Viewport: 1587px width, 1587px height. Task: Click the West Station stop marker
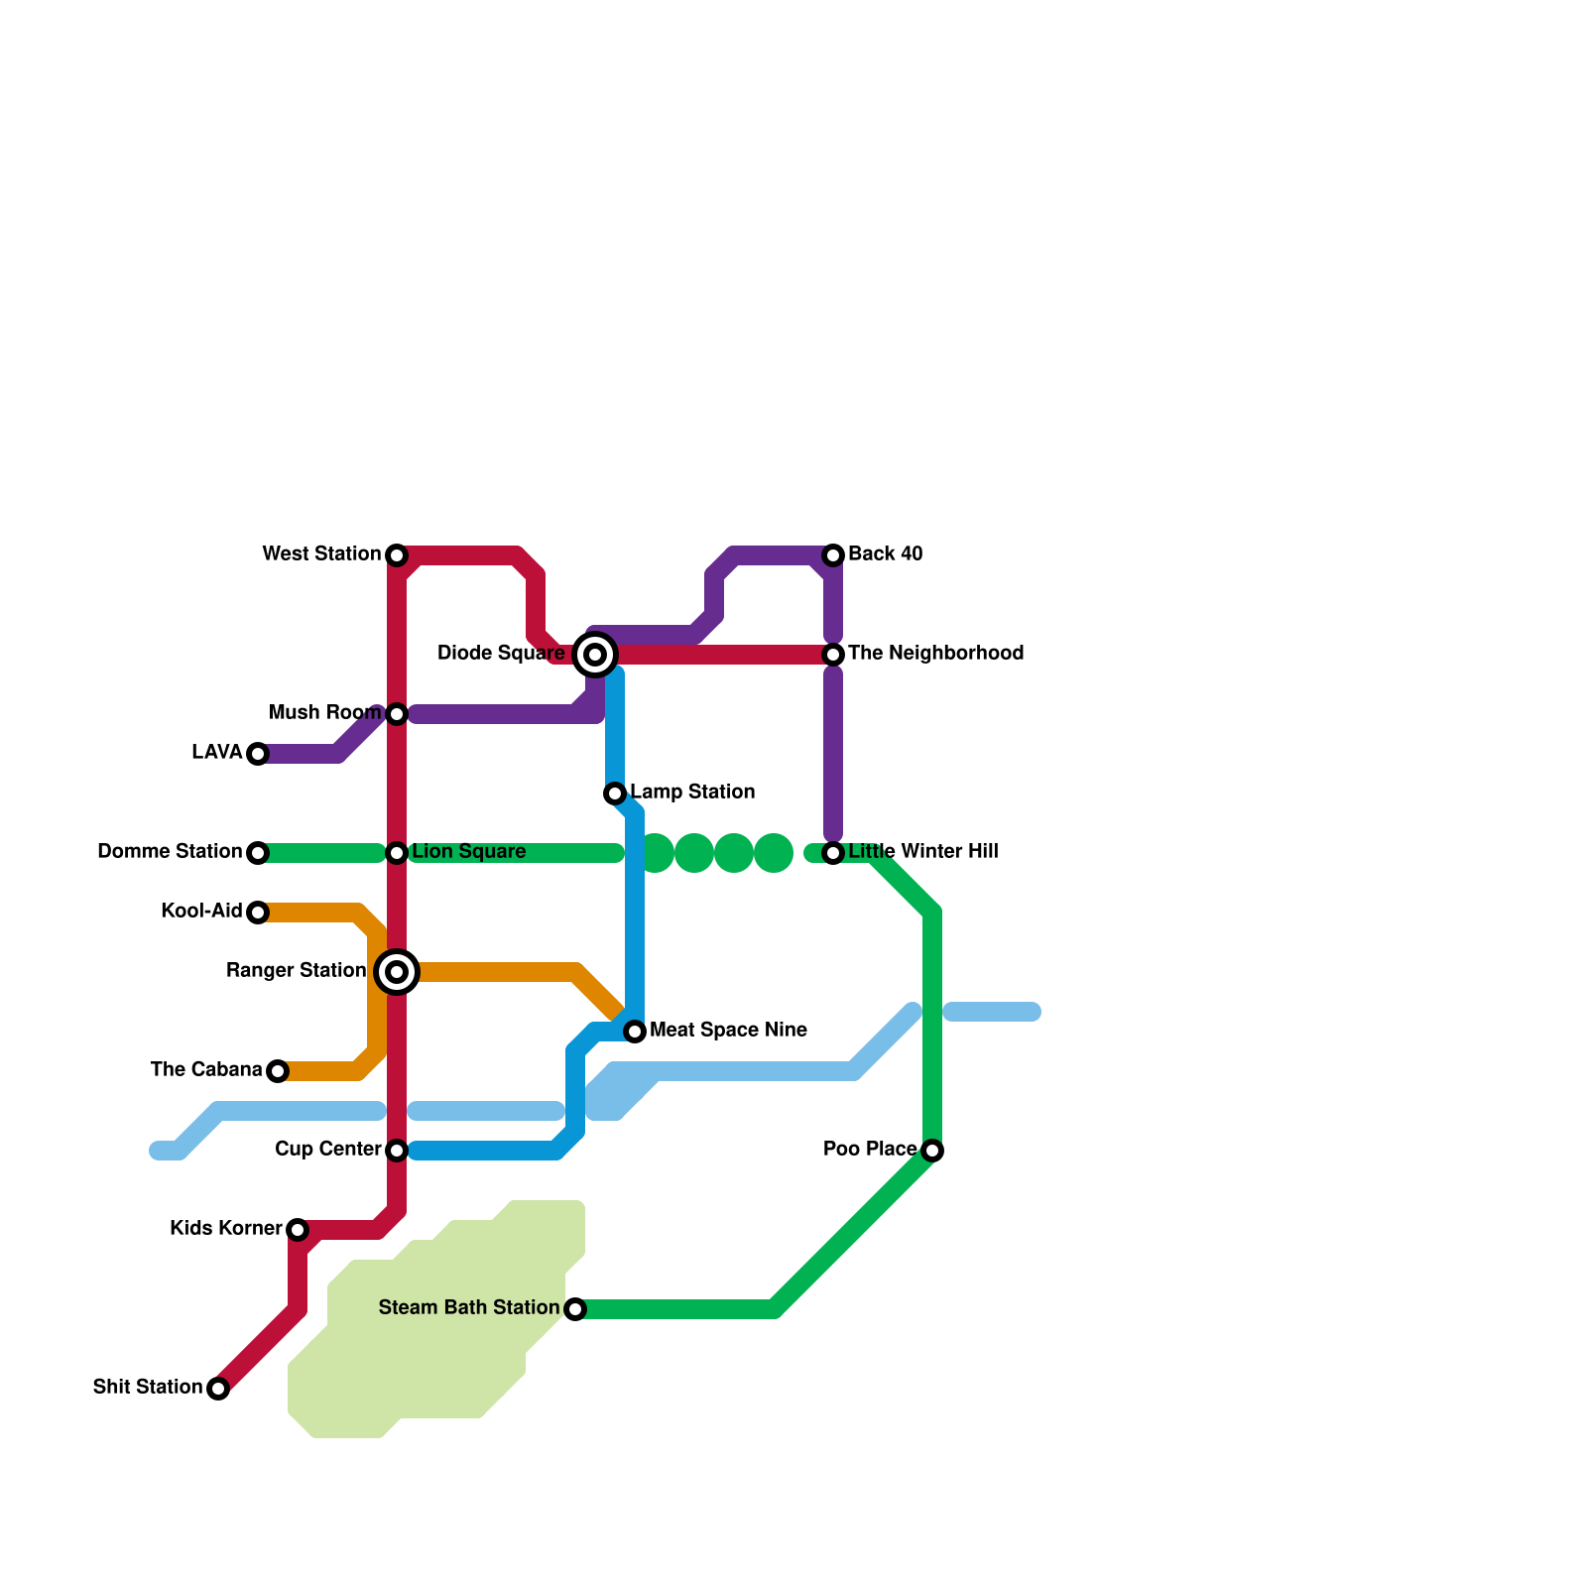click(397, 555)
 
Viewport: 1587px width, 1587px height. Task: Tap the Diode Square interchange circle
click(595, 655)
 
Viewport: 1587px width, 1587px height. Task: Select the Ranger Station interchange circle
click(397, 972)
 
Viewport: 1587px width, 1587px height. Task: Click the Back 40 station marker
click(833, 555)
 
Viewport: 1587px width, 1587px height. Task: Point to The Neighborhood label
click(935, 653)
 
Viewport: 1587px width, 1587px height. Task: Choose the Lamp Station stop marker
click(615, 793)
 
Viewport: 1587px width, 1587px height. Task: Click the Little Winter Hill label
click(922, 851)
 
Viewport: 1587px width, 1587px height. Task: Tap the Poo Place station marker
click(932, 1151)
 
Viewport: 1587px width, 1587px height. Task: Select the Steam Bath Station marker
click(575, 1309)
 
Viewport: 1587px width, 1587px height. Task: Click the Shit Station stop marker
click(218, 1389)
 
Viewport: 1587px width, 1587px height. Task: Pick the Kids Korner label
click(225, 1228)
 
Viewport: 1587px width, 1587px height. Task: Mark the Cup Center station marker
click(397, 1151)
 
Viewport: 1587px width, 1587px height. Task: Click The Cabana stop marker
click(278, 1071)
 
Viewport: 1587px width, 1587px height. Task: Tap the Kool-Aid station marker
click(258, 913)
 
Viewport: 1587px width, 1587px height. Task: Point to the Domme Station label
click(169, 851)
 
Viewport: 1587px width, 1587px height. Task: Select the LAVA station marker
click(258, 754)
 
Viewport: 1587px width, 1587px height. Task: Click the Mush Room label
click(324, 712)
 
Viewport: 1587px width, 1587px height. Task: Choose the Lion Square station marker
click(397, 853)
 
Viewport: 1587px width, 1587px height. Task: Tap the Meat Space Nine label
click(728, 1030)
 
